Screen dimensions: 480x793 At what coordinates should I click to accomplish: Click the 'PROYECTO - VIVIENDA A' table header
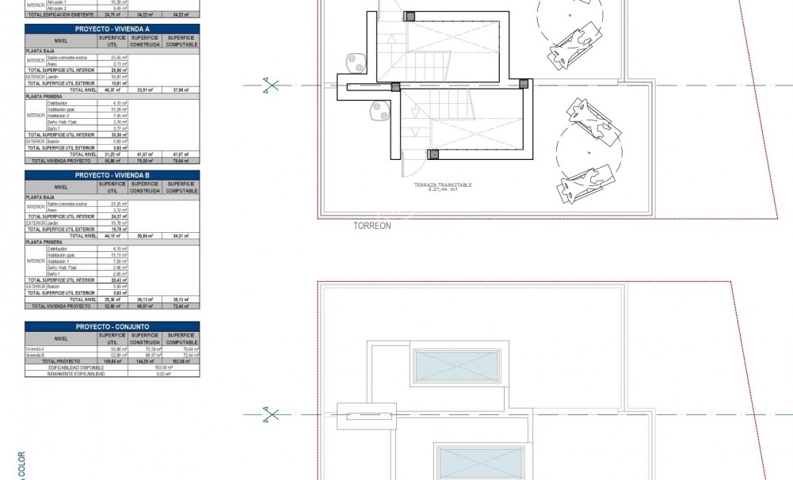click(x=112, y=29)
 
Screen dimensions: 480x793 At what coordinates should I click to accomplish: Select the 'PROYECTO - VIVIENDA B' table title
click(x=112, y=175)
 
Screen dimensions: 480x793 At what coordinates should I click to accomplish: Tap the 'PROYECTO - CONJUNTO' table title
click(x=112, y=326)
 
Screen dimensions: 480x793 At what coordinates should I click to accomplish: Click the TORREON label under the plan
click(x=372, y=226)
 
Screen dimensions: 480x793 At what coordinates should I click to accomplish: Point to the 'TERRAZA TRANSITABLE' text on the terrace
click(x=442, y=185)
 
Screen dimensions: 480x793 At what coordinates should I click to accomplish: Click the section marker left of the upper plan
click(x=271, y=85)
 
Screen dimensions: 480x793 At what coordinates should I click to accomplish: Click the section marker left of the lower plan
click(x=271, y=413)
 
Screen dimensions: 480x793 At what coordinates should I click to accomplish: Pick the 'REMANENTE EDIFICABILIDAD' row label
click(x=76, y=374)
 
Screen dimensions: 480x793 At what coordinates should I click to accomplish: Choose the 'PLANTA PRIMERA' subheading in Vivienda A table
click(x=44, y=96)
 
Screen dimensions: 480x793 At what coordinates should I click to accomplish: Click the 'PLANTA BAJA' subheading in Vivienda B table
click(x=41, y=197)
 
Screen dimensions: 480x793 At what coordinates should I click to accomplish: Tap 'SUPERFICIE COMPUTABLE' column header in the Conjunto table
click(x=182, y=339)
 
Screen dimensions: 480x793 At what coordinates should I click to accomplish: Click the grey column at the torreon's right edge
click(x=523, y=83)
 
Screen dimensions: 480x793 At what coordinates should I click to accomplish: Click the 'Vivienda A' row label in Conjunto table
click(x=35, y=349)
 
